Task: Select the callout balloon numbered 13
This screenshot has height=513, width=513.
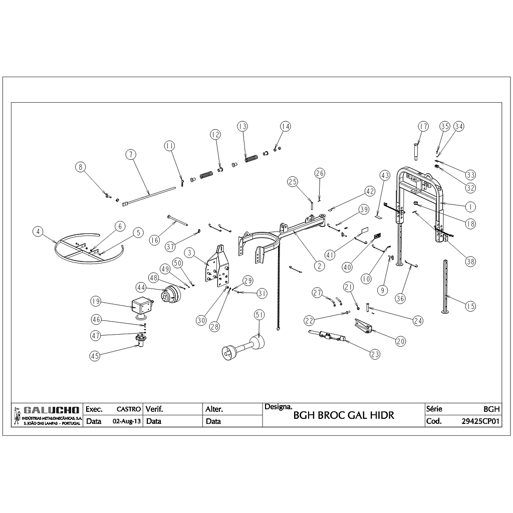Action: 242,126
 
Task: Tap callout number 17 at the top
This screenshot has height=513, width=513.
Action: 423,126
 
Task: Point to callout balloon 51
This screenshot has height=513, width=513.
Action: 259,315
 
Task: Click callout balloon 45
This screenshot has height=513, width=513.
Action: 95,355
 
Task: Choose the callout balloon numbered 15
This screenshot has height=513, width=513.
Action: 470,306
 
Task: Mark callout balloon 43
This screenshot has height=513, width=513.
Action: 385,176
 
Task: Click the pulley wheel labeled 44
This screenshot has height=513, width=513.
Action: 170,295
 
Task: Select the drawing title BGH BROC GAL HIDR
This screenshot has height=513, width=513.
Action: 343,415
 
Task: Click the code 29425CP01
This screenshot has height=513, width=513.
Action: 480,421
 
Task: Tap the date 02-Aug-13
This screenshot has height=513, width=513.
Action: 127,421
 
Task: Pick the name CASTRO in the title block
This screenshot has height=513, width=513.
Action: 128,409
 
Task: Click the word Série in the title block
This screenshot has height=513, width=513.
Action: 434,409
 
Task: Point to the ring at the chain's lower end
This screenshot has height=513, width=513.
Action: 277,329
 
